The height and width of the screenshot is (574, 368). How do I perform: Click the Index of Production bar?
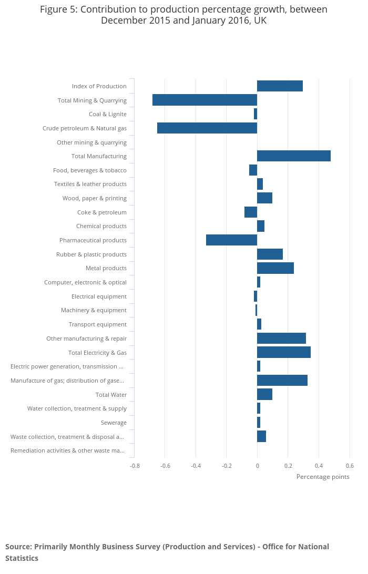point(280,86)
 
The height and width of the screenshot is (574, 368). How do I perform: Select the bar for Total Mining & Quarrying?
point(205,100)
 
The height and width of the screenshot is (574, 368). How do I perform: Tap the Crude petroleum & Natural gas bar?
point(207,128)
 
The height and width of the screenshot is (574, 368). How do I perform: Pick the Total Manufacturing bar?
point(293,156)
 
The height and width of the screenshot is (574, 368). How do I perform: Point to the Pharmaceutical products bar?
point(231,240)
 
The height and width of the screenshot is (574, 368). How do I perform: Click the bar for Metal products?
point(275,268)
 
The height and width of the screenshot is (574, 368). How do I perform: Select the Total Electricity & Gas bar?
point(283,352)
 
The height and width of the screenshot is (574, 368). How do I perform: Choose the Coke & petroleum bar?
point(251,212)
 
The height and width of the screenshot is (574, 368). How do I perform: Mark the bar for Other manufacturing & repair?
point(281,338)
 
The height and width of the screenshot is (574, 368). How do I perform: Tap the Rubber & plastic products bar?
point(270,254)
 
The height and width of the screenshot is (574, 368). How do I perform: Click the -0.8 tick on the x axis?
point(135,466)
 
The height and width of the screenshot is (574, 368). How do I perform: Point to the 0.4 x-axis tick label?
point(319,466)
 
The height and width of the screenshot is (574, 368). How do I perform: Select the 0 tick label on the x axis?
point(257,466)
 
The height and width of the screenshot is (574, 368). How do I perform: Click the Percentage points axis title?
point(323,477)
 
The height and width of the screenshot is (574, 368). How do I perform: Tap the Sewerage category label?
point(114,423)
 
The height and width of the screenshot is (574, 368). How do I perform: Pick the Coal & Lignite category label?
point(108,114)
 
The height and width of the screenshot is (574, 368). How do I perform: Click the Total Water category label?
point(111,395)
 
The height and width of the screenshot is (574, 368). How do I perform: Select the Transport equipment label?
point(98,324)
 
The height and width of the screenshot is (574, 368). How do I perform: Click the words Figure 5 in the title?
point(58,9)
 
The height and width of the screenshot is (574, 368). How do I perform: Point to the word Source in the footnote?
point(18,547)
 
